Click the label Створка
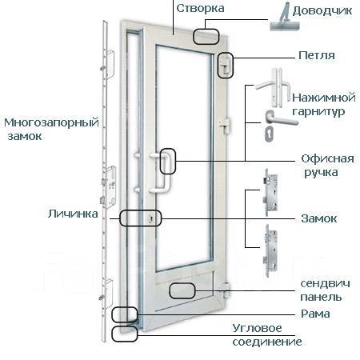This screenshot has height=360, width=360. pyautogui.click(x=200, y=8)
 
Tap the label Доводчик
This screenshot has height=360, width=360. pyautogui.click(x=322, y=11)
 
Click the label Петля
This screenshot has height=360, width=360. pyautogui.click(x=317, y=55)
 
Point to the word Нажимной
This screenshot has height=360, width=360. pyautogui.click(x=324, y=98)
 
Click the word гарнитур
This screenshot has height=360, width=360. pyautogui.click(x=318, y=111)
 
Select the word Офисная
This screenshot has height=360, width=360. pyautogui.click(x=327, y=159)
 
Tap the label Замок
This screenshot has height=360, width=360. pyautogui.click(x=319, y=218)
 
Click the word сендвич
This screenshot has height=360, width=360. pyautogui.click(x=325, y=283)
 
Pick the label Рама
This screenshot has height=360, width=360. pyautogui.click(x=315, y=314)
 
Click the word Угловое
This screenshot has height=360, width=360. pyautogui.click(x=257, y=328)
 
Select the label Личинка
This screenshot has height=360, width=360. pyautogui.click(x=73, y=214)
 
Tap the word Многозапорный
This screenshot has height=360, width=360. pyautogui.click(x=51, y=123)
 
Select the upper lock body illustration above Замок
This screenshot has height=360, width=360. pyautogui.click(x=270, y=192)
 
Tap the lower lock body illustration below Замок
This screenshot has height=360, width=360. pyautogui.click(x=270, y=250)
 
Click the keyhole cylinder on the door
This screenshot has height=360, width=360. pyautogui.click(x=150, y=218)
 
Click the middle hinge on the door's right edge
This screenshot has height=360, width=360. pyautogui.click(x=225, y=125)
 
